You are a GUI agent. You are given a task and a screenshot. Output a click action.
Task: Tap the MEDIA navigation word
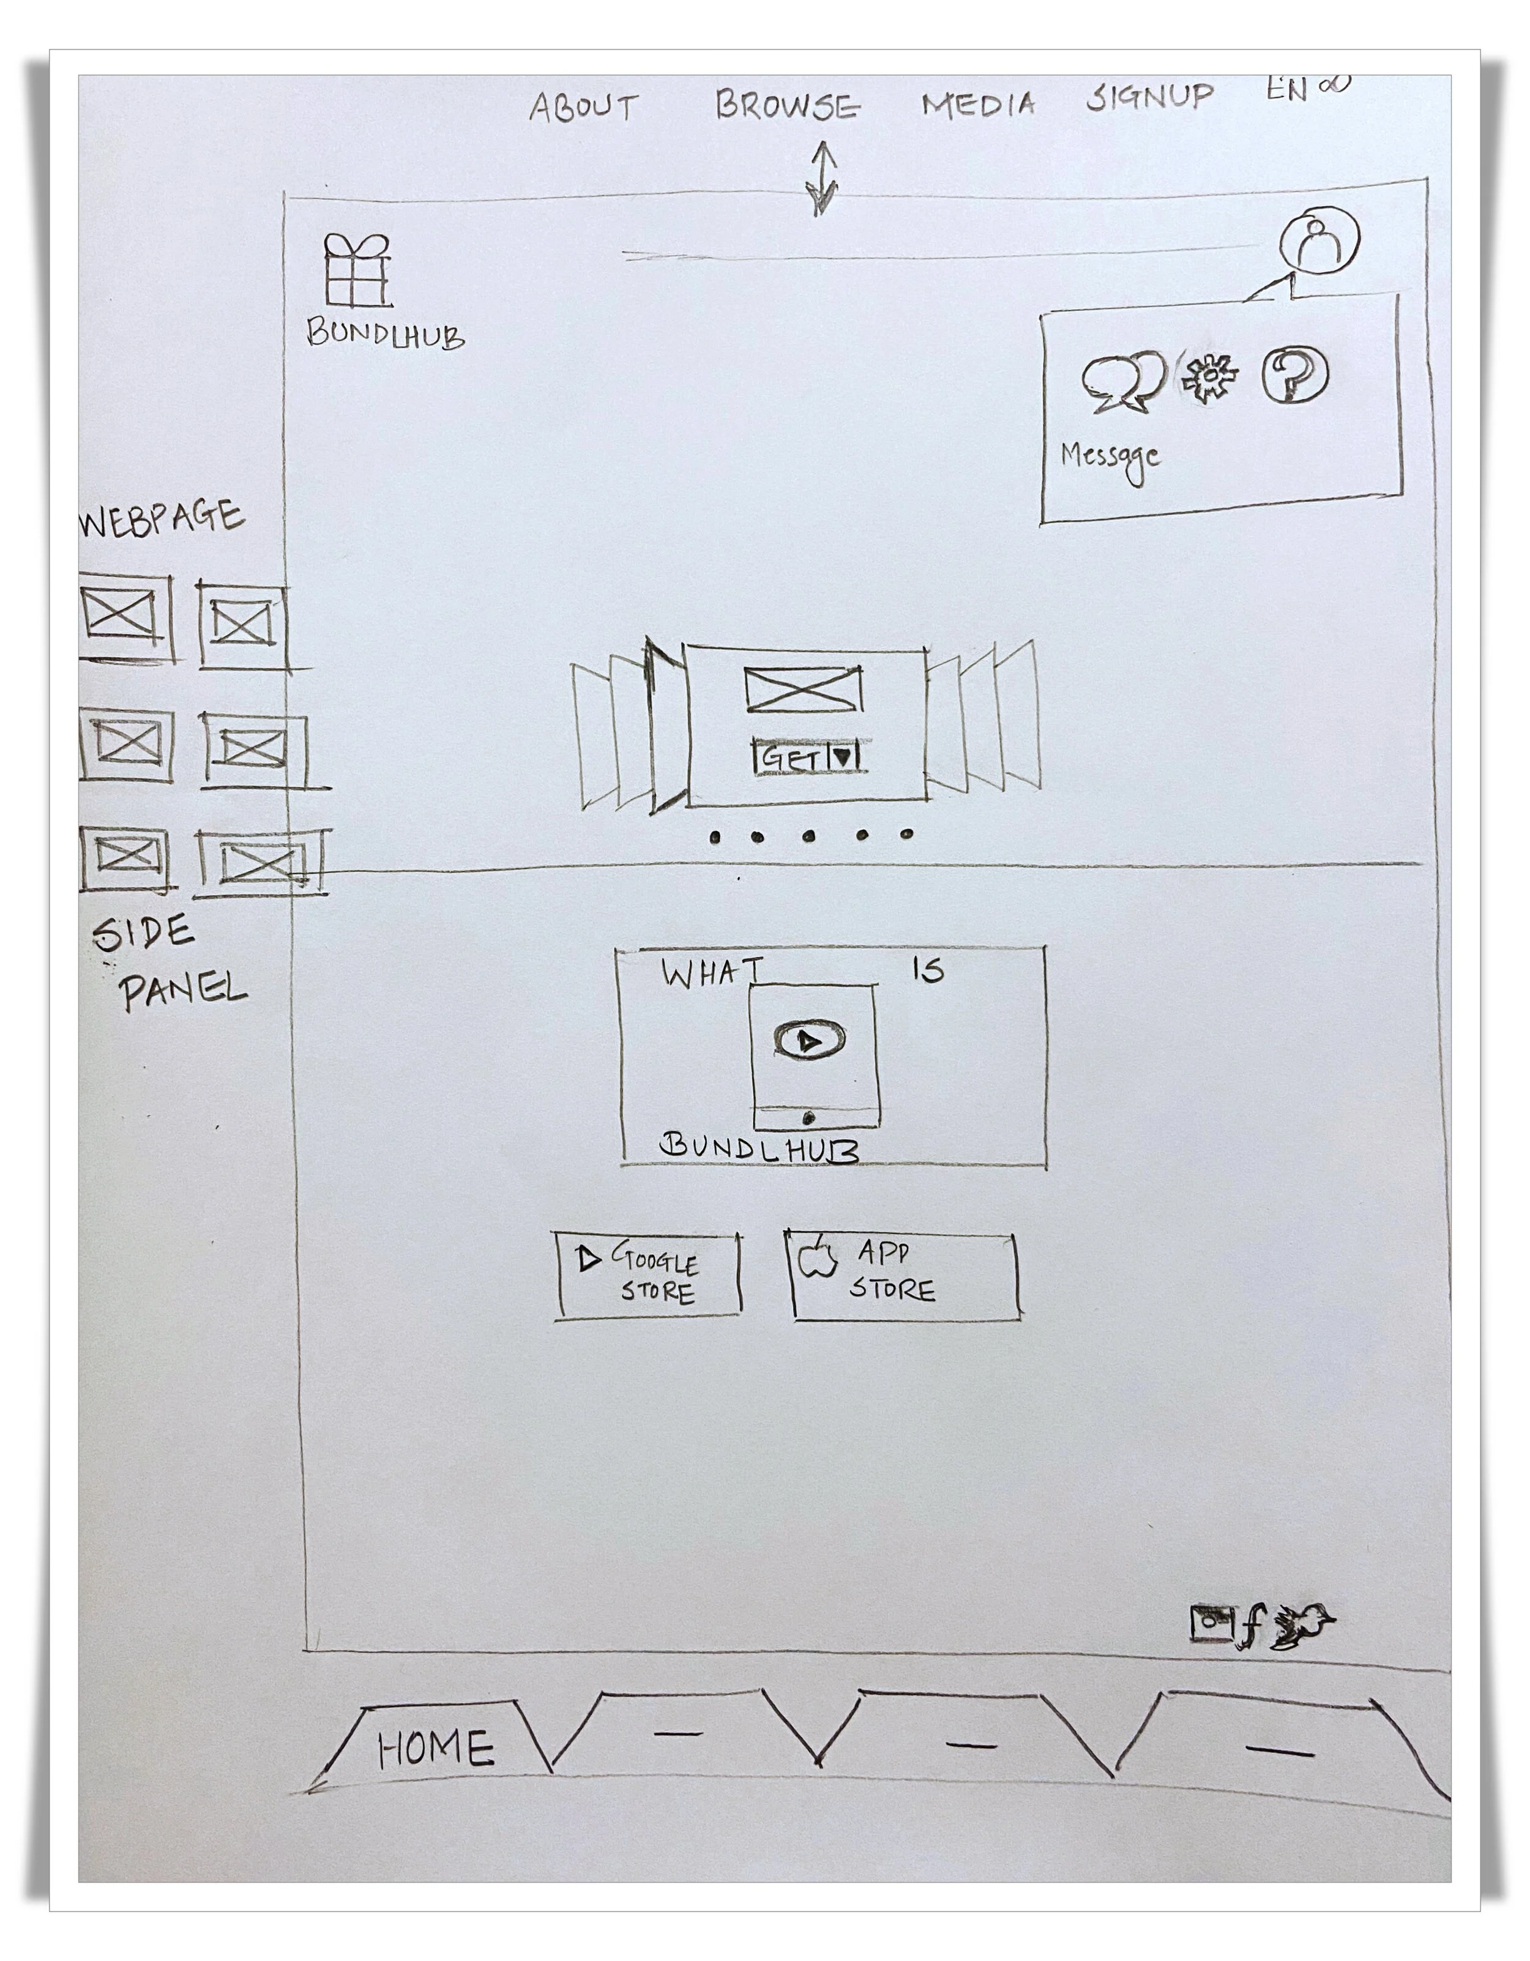(979, 104)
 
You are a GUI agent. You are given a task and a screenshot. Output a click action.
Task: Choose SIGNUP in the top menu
(1149, 96)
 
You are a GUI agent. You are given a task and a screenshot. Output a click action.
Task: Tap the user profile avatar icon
(1319, 240)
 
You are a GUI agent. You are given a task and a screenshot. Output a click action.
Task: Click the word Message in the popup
(1110, 457)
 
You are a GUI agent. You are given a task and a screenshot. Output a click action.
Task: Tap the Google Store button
(648, 1275)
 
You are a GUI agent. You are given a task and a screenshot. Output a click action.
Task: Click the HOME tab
(436, 1748)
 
